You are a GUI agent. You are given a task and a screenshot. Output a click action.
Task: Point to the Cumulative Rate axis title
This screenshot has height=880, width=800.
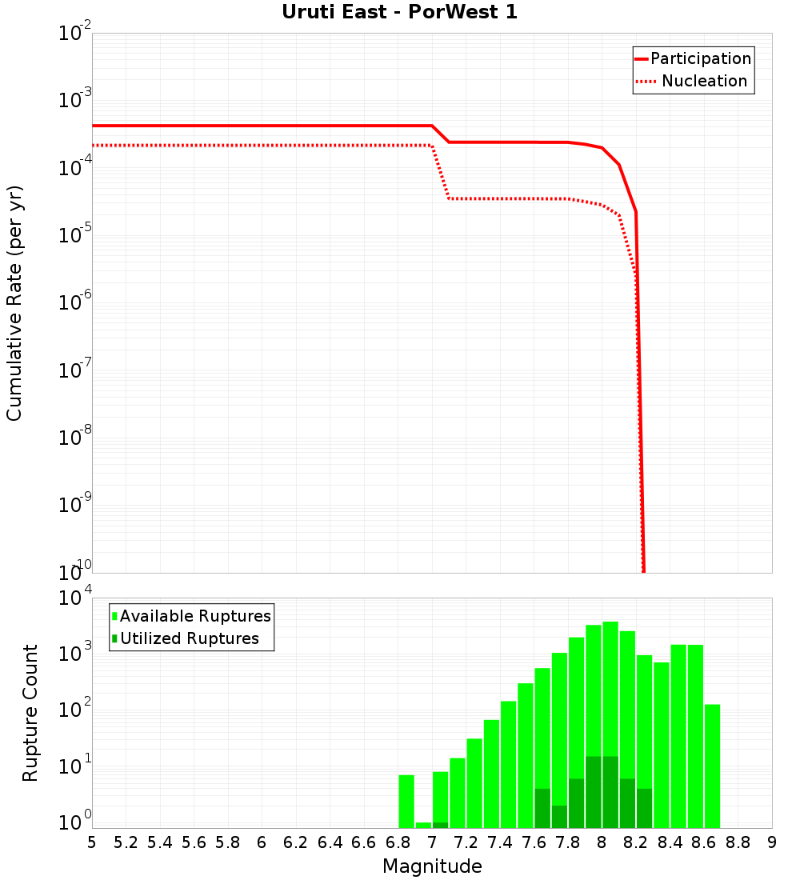point(14,302)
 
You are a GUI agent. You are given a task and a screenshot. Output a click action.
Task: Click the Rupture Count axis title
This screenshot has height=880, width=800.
point(30,712)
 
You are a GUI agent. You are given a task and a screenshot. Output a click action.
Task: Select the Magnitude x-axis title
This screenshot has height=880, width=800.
point(432,866)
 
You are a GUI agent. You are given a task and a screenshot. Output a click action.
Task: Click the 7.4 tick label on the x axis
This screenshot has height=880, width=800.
point(500,842)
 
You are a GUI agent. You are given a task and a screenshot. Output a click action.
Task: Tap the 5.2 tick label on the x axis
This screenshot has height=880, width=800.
point(126,842)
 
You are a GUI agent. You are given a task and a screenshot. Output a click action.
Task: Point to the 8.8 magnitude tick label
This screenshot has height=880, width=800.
point(738,842)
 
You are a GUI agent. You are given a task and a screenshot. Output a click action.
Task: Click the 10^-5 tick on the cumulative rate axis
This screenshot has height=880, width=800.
point(77,234)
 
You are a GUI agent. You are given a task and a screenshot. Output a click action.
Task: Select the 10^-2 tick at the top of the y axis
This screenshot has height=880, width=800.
point(77,34)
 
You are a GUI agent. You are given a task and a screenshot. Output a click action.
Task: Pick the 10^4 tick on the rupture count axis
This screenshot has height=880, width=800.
point(77,598)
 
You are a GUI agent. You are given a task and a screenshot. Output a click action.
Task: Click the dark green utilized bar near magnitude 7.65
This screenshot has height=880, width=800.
point(542,808)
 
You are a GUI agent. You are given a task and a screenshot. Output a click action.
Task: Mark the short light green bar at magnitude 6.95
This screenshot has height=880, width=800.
point(423,825)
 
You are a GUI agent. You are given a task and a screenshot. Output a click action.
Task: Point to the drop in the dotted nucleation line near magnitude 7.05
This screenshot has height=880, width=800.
point(441,173)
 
